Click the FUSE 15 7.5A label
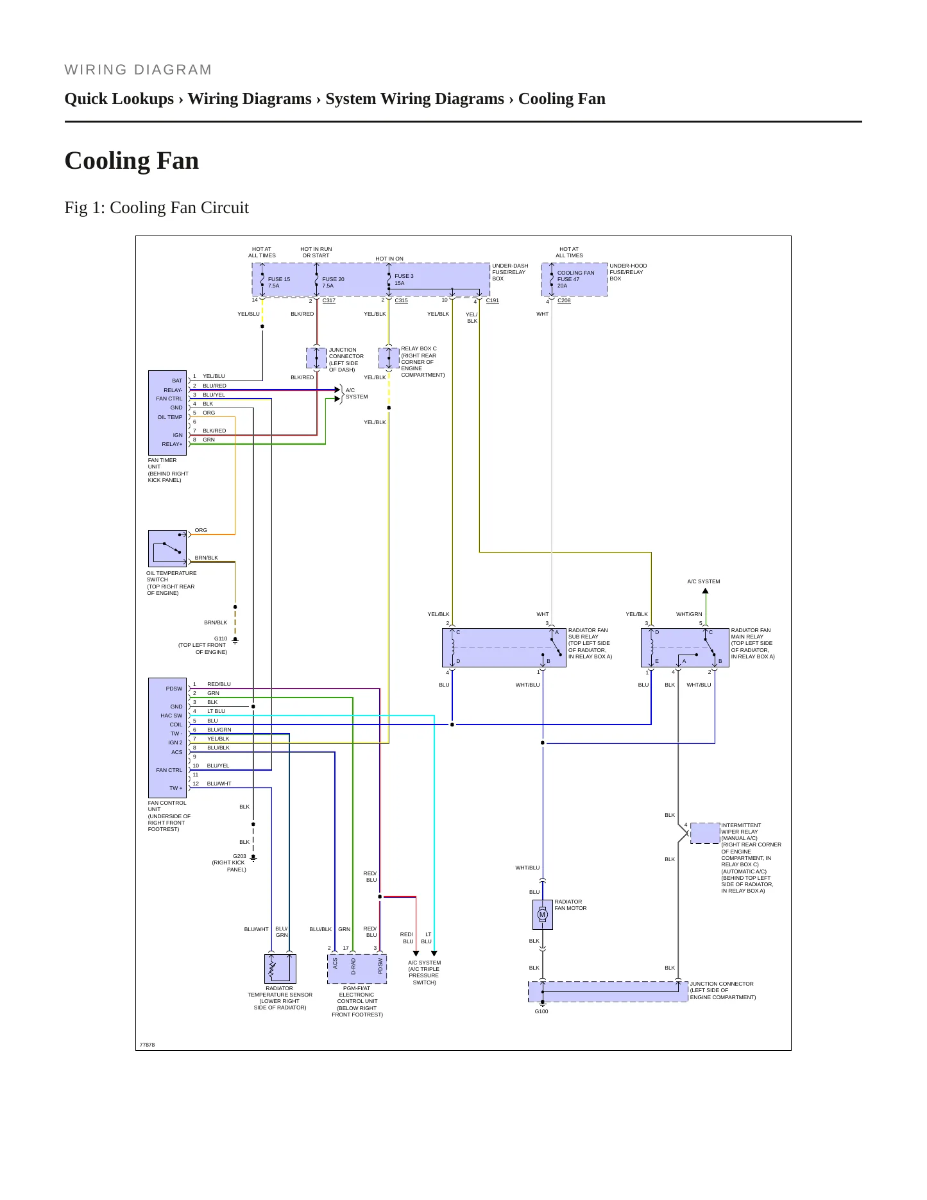pos(279,282)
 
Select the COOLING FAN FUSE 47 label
pos(575,276)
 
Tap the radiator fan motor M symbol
pos(542,914)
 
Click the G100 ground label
pos(541,1011)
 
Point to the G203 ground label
pos(239,856)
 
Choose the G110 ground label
pos(221,639)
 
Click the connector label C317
pos(329,300)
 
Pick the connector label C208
pos(564,300)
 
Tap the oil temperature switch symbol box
pos(167,549)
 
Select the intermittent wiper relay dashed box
pos(705,833)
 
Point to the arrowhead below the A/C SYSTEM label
pos(705,591)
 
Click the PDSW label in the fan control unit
pos(174,689)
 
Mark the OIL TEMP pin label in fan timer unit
pos(170,417)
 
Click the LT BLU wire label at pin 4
pos(216,711)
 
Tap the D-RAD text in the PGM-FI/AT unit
pos(353,966)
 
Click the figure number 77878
pos(147,1045)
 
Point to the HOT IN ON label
pos(389,259)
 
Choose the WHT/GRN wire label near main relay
pos(689,614)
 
